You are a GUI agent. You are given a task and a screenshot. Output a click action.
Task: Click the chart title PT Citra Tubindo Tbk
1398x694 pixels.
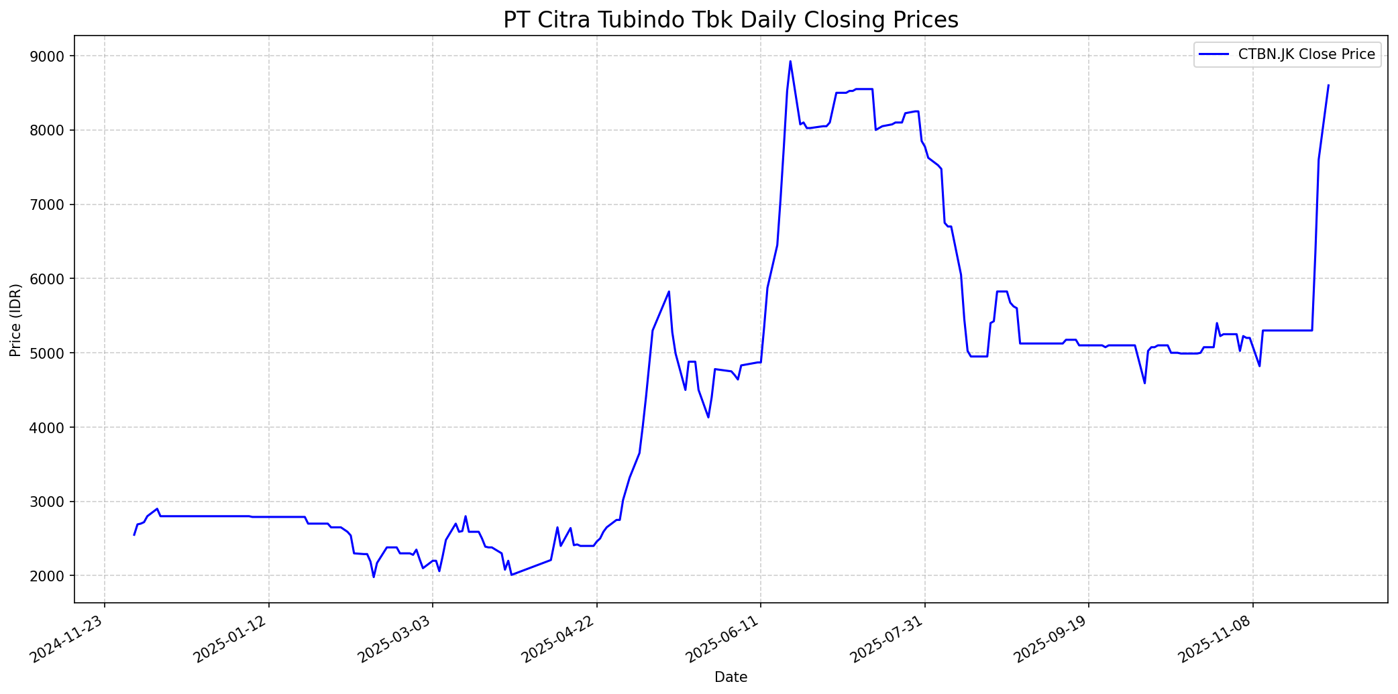click(x=731, y=20)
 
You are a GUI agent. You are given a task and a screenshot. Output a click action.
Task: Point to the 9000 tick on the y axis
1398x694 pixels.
click(x=52, y=56)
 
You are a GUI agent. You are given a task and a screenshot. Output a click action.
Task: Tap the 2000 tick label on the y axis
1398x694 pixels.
click(x=52, y=576)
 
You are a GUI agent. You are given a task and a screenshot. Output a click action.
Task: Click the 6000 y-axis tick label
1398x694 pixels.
click(x=52, y=279)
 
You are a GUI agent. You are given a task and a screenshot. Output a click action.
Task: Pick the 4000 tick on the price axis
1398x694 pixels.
click(x=52, y=428)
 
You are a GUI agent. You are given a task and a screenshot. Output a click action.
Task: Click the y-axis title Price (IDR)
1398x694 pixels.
click(x=16, y=320)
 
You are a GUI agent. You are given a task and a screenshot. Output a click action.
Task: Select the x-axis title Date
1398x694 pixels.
click(x=731, y=677)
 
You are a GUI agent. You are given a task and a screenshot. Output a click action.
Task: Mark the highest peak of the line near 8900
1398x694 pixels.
click(x=790, y=61)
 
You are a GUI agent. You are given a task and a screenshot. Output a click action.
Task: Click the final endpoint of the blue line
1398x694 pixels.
click(x=1328, y=85)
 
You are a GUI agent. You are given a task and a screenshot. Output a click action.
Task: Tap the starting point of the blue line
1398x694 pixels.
click(x=134, y=534)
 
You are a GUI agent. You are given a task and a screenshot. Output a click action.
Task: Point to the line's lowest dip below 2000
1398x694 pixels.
click(x=374, y=577)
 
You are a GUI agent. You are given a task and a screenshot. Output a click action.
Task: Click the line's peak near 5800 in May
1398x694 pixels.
click(x=669, y=292)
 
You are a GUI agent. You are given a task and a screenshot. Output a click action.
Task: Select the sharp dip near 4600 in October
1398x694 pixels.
click(x=1144, y=383)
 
